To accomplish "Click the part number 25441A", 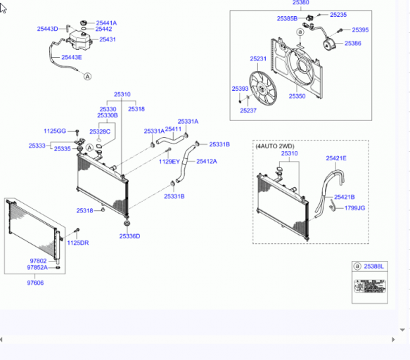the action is click(x=106, y=23).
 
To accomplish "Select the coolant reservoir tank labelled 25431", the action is click(x=79, y=40).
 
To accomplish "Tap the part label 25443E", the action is click(x=72, y=57).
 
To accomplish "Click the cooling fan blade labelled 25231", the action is click(x=263, y=89).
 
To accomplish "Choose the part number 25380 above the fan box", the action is click(x=301, y=3).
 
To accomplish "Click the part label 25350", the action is click(x=297, y=96).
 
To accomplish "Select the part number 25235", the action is click(x=338, y=15).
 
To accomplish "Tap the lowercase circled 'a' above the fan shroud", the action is click(x=300, y=32).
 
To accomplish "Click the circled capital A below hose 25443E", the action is click(x=88, y=77).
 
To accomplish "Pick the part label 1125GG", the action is click(x=55, y=131).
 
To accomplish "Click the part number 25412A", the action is click(x=207, y=161).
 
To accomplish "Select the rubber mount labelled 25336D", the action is click(x=127, y=224).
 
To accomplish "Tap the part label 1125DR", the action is click(x=78, y=243).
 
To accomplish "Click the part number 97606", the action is click(x=35, y=283).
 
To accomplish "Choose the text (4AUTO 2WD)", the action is click(x=275, y=146).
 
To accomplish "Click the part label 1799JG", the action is click(x=355, y=208).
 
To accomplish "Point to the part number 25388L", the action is click(x=373, y=266).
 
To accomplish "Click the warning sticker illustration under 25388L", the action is click(x=370, y=286).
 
